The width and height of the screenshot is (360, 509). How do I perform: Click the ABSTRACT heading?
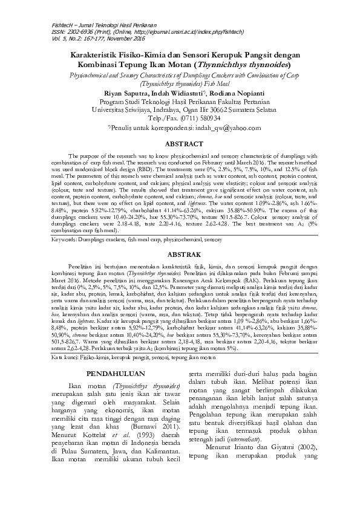[x=180, y=144]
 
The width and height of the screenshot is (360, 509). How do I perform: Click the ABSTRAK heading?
[x=180, y=254]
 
